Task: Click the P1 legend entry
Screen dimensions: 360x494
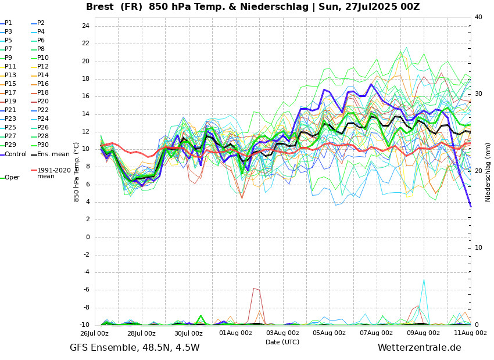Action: pos(8,23)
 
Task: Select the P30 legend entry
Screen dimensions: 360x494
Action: pos(43,145)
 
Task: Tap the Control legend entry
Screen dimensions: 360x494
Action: pos(16,154)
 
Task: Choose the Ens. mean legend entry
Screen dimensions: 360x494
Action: pos(53,154)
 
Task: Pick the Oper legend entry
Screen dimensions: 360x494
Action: pos(12,178)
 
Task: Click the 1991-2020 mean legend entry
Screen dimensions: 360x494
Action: pos(53,173)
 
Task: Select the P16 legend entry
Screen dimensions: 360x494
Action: pos(43,84)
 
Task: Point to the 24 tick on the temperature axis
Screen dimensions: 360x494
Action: pos(85,26)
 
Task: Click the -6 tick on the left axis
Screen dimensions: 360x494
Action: pos(85,290)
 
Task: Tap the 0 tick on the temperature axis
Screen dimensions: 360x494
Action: pos(88,237)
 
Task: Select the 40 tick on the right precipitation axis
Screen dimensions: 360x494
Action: pos(478,17)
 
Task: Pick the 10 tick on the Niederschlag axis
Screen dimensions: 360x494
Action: pos(478,248)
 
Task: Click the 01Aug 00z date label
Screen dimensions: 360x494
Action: pos(235,333)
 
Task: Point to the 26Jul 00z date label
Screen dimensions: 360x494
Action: pos(94,333)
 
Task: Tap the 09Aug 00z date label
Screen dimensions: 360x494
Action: pos(423,333)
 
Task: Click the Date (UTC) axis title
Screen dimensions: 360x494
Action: pos(282,343)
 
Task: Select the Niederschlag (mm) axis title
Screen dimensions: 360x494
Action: pos(488,172)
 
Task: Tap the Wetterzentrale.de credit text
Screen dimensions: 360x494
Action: pos(419,348)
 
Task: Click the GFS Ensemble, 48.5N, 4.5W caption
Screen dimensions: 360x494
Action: pos(134,348)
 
